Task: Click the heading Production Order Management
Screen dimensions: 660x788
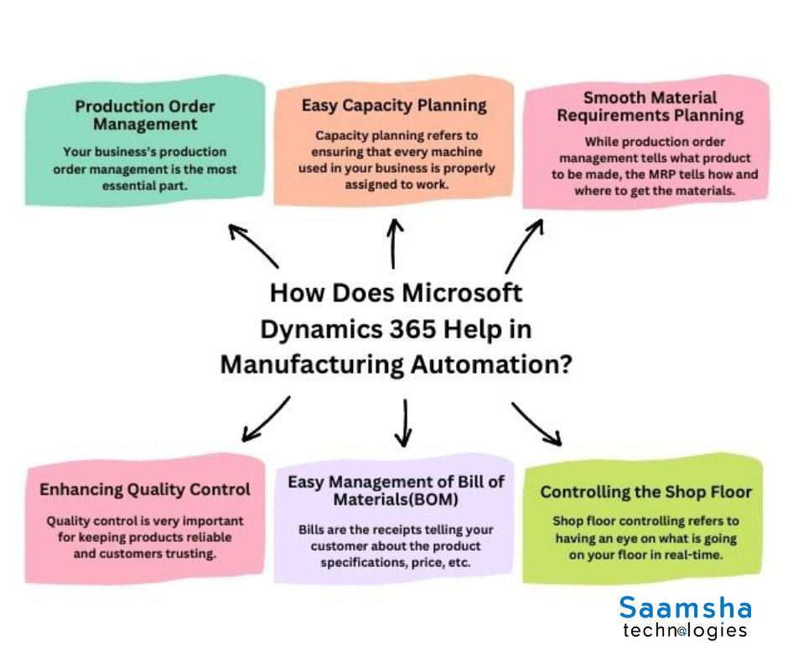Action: point(145,116)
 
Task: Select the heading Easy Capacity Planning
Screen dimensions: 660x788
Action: point(394,105)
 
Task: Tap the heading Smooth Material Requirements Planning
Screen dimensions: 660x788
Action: point(650,107)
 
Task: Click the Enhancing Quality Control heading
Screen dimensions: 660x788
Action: point(145,489)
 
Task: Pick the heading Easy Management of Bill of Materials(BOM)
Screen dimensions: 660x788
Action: point(396,491)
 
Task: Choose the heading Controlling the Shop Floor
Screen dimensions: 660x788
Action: point(645,492)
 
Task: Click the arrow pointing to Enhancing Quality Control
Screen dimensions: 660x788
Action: point(265,419)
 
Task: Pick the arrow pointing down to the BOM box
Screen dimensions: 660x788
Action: point(404,422)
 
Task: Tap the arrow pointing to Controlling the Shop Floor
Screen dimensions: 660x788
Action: point(537,424)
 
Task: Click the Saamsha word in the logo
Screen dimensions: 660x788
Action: point(685,607)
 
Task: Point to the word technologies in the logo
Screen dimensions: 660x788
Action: point(685,630)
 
